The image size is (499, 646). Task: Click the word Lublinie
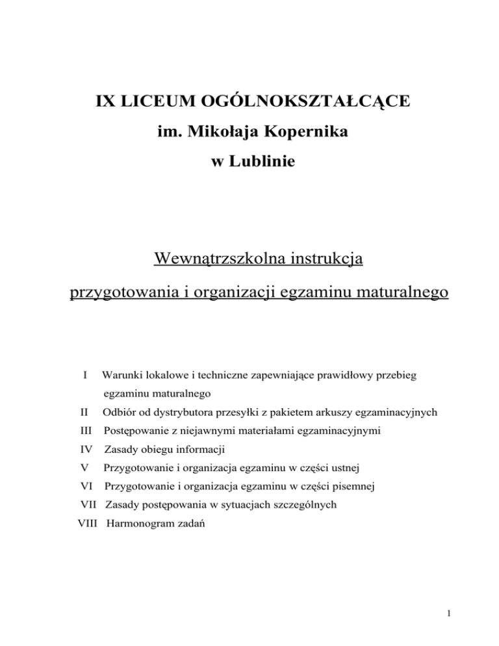click(264, 162)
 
